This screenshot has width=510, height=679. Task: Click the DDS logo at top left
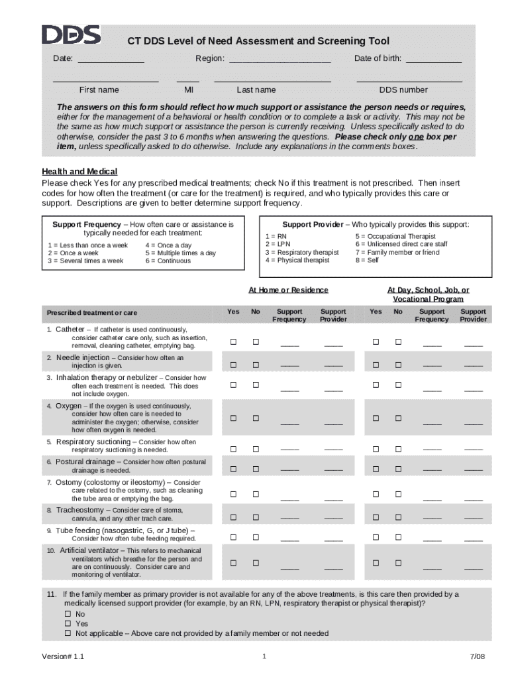(71, 35)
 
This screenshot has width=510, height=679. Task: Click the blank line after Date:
(111, 60)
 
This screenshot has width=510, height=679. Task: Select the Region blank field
(280, 60)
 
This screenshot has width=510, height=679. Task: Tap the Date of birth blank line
(433, 60)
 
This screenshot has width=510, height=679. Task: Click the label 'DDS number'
(403, 90)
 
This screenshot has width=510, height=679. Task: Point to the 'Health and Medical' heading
(79, 172)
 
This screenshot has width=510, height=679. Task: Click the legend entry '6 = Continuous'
(168, 261)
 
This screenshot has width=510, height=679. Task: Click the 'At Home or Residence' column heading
(288, 290)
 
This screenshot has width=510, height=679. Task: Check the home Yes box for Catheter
(233, 342)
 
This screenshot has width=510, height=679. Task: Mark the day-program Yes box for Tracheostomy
(376, 517)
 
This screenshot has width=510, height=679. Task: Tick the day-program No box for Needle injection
(399, 365)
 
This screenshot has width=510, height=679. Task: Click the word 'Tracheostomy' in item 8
(79, 510)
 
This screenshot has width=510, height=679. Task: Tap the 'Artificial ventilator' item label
(91, 550)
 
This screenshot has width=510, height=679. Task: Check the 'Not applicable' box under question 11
(68, 634)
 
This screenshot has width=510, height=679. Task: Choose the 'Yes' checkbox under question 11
(68, 624)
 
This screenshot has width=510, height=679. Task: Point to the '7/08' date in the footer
(478, 657)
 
